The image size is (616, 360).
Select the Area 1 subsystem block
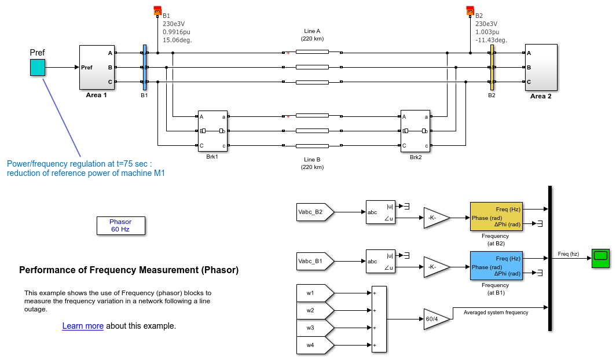tap(96, 67)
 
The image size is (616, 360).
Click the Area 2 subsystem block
tap(541, 67)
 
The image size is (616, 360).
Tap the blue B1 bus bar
tap(145, 67)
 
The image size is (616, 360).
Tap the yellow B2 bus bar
tap(492, 67)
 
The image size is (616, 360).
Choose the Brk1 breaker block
tap(212, 131)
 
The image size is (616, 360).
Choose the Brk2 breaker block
tap(416, 131)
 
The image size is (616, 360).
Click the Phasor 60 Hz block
tap(120, 226)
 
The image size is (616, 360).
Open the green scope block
tap(600, 258)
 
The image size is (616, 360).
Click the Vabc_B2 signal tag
tap(313, 212)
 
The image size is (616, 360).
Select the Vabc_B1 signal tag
tap(313, 262)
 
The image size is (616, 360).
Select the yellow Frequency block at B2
tap(496, 216)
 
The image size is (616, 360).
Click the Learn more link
tap(83, 326)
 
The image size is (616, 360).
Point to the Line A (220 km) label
tap(312, 34)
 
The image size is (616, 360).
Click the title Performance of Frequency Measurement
tap(129, 270)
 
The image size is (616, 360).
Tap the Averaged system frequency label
tap(496, 313)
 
